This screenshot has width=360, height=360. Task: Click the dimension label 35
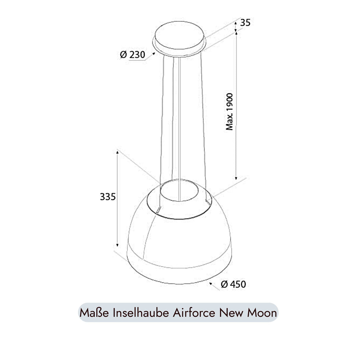[x=245, y=22]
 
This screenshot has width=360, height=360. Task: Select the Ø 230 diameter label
[x=132, y=55]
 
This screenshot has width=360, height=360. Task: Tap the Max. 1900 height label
[x=230, y=112]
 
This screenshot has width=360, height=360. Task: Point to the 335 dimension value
[x=107, y=197]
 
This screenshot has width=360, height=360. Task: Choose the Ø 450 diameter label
[x=233, y=284]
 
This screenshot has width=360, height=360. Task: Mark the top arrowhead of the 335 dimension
[x=118, y=152]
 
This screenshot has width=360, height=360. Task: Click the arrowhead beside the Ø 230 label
[x=154, y=54]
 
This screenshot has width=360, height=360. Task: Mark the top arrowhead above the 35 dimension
[x=236, y=22]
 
